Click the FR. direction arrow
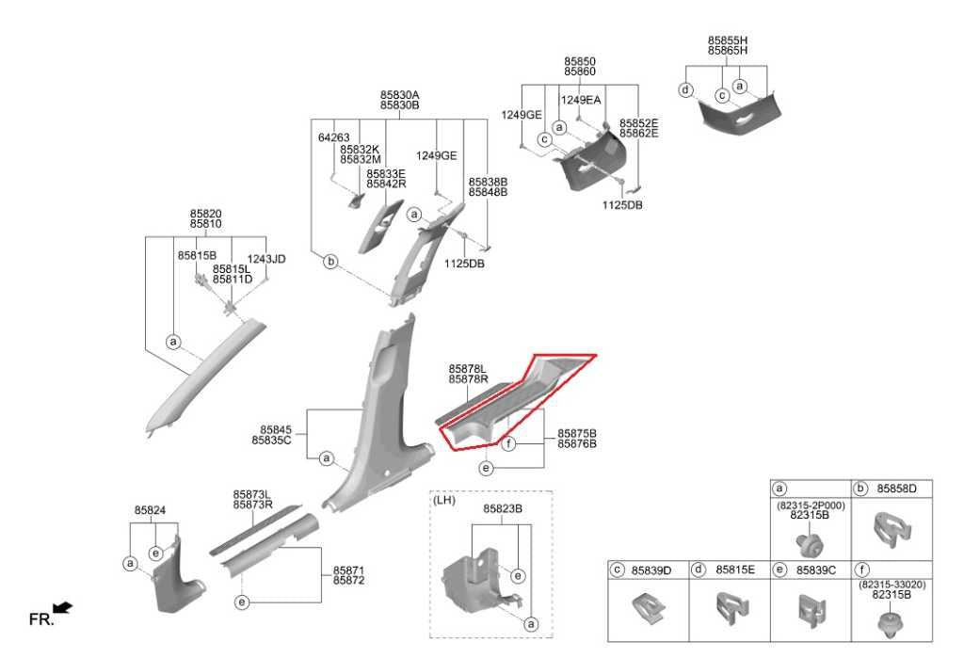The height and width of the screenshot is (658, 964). click(x=63, y=607)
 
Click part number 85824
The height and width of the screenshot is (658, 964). click(x=150, y=510)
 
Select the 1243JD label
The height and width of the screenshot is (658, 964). click(x=266, y=260)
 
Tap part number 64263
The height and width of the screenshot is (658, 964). click(x=334, y=137)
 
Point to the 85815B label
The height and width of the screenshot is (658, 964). click(x=197, y=255)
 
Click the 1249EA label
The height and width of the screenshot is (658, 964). click(x=581, y=100)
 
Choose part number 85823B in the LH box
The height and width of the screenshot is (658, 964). click(x=503, y=509)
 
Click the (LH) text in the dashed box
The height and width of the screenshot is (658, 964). click(x=444, y=500)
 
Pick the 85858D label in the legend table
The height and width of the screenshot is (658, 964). click(x=896, y=489)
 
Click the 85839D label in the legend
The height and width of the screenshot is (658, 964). click(x=651, y=570)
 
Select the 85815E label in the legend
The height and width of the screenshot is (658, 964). click(x=734, y=570)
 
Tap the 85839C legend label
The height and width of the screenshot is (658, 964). click(x=816, y=570)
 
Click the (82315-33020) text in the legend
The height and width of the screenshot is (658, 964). click(x=892, y=585)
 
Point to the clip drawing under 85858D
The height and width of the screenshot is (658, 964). click(x=892, y=529)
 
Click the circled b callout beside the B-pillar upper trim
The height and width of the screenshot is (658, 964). click(x=330, y=262)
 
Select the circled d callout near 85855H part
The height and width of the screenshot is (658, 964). click(x=685, y=89)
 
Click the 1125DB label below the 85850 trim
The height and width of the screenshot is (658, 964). click(x=622, y=205)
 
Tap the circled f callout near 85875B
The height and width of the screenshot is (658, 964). click(x=507, y=443)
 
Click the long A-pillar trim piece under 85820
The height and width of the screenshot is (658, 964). click(x=204, y=377)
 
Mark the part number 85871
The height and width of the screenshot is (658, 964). click(x=348, y=570)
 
